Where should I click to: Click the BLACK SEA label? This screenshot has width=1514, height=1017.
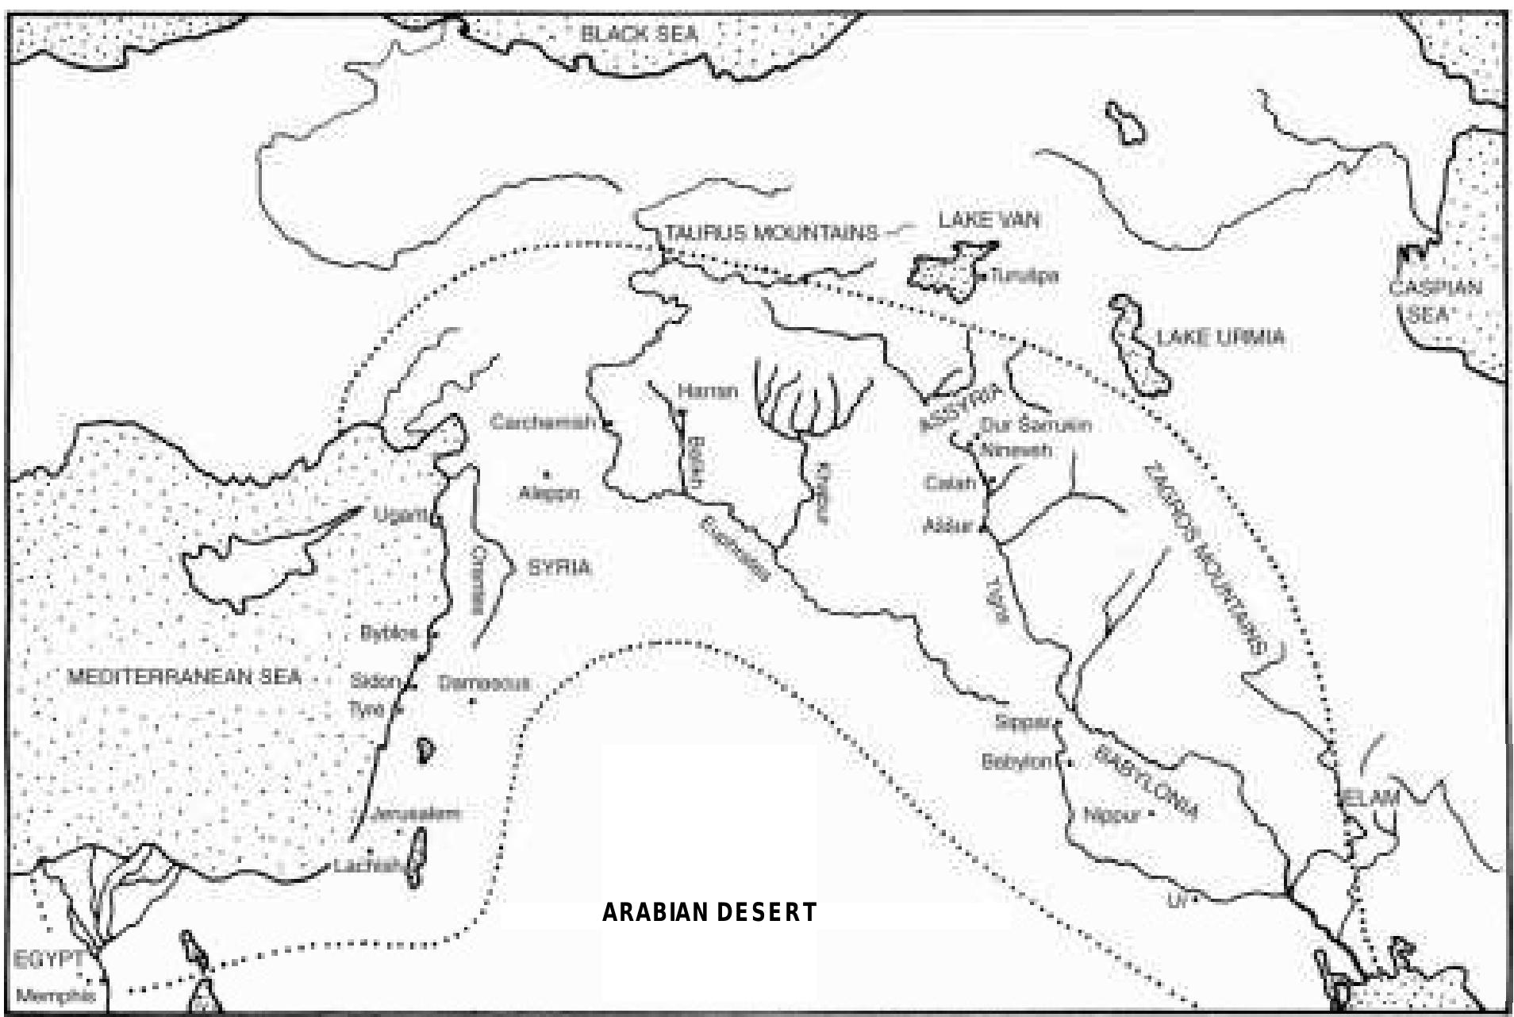[639, 34]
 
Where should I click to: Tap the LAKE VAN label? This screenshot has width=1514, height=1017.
[989, 220]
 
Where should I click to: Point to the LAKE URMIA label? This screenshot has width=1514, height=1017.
[1220, 337]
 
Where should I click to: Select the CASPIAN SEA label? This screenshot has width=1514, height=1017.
[1435, 300]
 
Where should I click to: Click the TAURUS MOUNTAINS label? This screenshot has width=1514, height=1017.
[771, 233]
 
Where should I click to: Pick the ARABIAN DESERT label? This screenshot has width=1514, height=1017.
[709, 912]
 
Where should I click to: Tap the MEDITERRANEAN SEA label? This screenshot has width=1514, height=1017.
[184, 676]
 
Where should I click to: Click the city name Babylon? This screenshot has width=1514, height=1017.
[1016, 762]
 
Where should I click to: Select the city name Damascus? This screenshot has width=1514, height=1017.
[483, 683]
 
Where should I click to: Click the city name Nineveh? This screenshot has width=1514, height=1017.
[1016, 450]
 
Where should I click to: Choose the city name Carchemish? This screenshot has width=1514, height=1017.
[542, 422]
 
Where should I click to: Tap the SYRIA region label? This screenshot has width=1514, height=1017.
[559, 568]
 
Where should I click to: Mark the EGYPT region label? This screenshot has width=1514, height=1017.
[48, 959]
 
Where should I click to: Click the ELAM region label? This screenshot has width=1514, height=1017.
[1370, 797]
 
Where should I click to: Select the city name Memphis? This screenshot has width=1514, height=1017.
[56, 996]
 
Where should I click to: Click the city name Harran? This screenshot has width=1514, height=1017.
[708, 391]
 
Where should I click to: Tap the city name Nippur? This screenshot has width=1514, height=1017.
[1111, 815]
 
